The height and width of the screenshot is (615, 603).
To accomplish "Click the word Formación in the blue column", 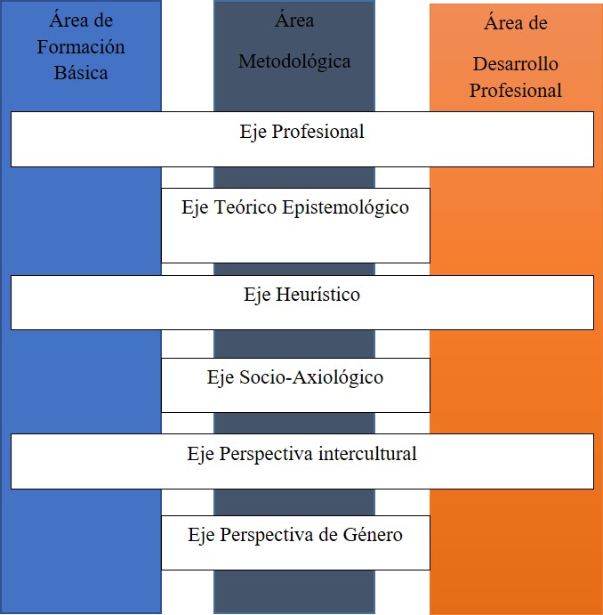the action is coord(81,47).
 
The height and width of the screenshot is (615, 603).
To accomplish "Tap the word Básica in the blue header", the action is coord(81,73).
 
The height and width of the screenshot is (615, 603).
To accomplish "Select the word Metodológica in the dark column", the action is coord(294,62).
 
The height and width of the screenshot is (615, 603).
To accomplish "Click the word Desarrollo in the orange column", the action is coord(516,64).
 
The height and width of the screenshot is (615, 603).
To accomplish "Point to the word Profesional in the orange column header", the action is coord(516,90).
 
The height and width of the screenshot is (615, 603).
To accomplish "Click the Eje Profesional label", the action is coord(302,132).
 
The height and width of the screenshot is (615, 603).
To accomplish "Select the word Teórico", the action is coord(245,206).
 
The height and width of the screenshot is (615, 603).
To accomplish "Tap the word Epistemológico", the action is coord(346,208).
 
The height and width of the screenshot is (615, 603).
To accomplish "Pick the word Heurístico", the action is coord(318,295).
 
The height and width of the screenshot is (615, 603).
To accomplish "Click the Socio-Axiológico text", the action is coord(311,377).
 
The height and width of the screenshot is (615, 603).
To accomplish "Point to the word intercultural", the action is coord(367,454).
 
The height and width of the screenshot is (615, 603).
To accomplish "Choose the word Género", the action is coord(373,534).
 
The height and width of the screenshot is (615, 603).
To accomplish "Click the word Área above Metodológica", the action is coord(294,20).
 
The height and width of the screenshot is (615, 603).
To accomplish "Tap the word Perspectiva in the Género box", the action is coord(267,535).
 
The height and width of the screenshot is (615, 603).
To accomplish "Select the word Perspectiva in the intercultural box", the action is coord(266,455).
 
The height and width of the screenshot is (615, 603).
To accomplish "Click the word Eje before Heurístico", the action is coord(257,295).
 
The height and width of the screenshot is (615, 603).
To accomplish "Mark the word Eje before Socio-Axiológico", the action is coord(221,378).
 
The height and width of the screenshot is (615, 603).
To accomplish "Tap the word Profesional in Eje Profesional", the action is coord(318,132).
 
